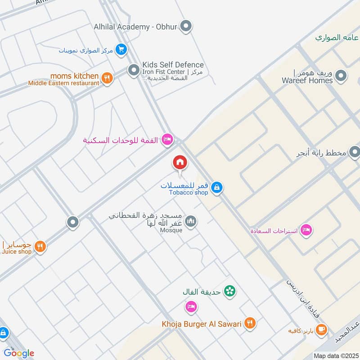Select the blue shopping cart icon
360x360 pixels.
[121, 49]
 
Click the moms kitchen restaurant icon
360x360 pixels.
[107, 79]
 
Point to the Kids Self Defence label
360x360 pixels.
[173, 65]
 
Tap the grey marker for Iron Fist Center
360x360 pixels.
[133, 70]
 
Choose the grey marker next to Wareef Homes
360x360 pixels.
[341, 76]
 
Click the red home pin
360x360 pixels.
[180, 162]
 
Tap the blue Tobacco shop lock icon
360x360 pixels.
[216, 187]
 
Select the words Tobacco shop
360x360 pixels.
[189, 193]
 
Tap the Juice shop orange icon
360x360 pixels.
[40, 247]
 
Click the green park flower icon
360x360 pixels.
[230, 291]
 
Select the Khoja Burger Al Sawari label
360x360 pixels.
[202, 324]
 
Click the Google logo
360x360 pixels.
[19, 353]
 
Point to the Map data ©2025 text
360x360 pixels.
[335, 356]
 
